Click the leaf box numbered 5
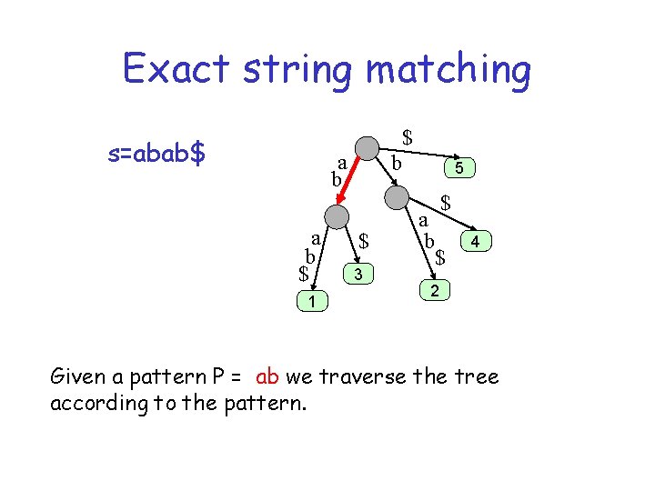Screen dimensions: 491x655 click(x=459, y=168)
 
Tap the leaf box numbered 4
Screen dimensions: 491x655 click(x=477, y=241)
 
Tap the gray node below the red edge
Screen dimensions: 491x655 click(x=337, y=215)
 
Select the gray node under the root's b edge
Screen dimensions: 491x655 click(x=398, y=197)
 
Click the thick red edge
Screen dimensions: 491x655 click(x=350, y=182)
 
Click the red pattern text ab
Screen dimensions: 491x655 click(x=268, y=376)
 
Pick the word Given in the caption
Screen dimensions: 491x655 click(x=79, y=376)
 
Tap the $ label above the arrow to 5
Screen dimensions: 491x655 click(x=408, y=137)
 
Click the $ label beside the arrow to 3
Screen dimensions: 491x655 click(x=363, y=241)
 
